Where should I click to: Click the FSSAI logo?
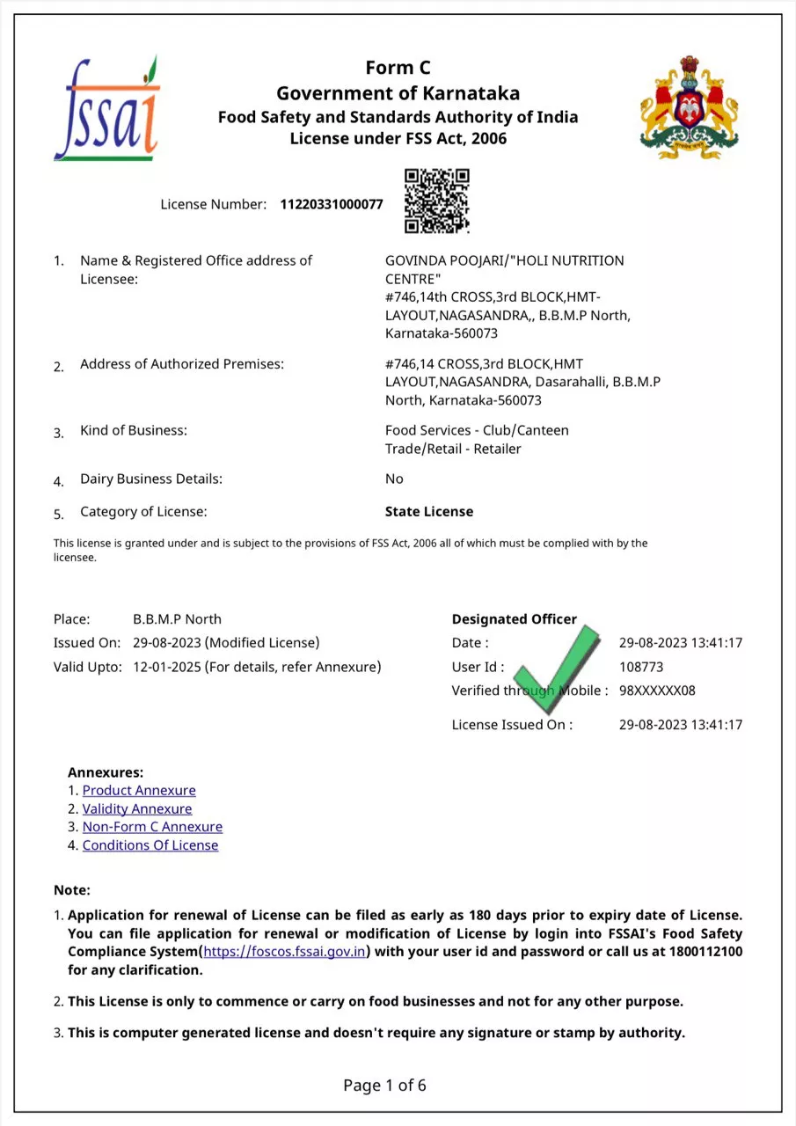pyautogui.click(x=106, y=109)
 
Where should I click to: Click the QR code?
pyautogui.click(x=436, y=201)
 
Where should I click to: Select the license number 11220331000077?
pyautogui.click(x=332, y=205)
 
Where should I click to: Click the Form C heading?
pyautogui.click(x=398, y=68)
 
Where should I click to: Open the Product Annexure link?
pyautogui.click(x=139, y=791)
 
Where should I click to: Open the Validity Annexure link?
pyautogui.click(x=137, y=809)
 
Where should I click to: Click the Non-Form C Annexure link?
pyautogui.click(x=152, y=827)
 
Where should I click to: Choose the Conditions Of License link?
pyautogui.click(x=150, y=845)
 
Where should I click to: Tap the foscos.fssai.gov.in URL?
pyautogui.click(x=285, y=952)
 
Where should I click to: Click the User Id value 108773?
pyautogui.click(x=641, y=667)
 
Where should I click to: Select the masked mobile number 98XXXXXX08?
pyautogui.click(x=657, y=691)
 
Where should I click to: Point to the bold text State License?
pyautogui.click(x=429, y=512)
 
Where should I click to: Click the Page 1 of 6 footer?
pyautogui.click(x=384, y=1086)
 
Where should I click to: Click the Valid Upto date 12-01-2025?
pyautogui.click(x=167, y=667)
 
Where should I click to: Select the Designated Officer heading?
pyautogui.click(x=515, y=619)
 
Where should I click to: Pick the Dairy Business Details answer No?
pyautogui.click(x=394, y=479)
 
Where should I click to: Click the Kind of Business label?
pyautogui.click(x=134, y=431)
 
